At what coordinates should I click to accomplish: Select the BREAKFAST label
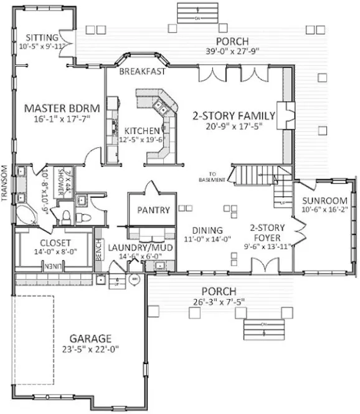pyautogui.click(x=143, y=72)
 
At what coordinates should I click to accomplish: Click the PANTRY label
pyautogui.click(x=153, y=210)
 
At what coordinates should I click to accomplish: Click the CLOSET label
pyautogui.click(x=55, y=243)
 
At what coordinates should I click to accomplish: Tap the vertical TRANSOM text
pyautogui.click(x=5, y=185)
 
